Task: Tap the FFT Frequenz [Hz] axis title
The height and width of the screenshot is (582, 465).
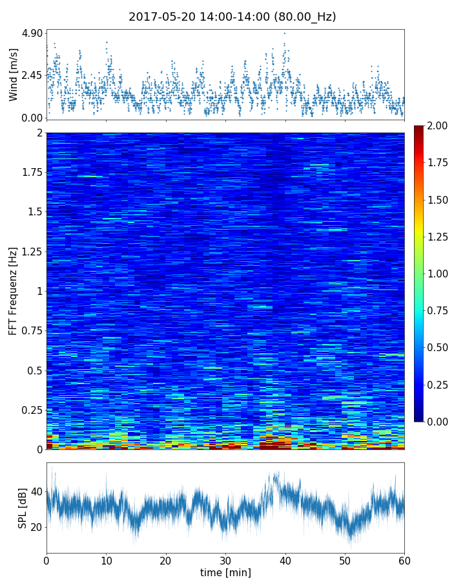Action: pyautogui.click(x=14, y=291)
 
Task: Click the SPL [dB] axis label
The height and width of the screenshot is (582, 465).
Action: pyautogui.click(x=23, y=509)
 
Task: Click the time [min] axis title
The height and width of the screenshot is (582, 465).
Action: pyautogui.click(x=225, y=572)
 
